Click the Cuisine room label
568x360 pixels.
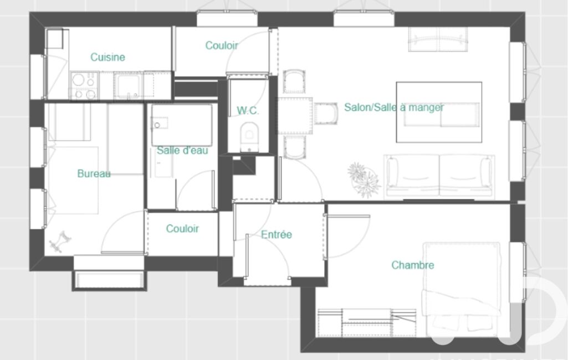click(x=108, y=57)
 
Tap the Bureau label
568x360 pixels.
click(x=94, y=173)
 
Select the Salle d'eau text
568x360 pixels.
click(x=182, y=150)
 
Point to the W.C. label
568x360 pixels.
click(x=248, y=110)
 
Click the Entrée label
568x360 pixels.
click(x=277, y=234)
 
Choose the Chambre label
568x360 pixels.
click(x=413, y=265)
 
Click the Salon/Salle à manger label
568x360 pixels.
click(x=394, y=107)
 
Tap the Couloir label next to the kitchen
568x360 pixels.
click(x=221, y=45)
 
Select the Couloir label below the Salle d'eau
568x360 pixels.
click(x=182, y=229)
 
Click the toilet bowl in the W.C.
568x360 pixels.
click(x=249, y=136)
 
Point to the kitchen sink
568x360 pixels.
click(x=128, y=85)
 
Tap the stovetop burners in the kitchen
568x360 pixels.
click(x=84, y=85)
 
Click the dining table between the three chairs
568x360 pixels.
click(x=294, y=116)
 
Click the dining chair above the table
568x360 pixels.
click(x=294, y=81)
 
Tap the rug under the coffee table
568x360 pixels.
click(x=439, y=112)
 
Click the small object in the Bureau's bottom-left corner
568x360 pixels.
click(x=60, y=241)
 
